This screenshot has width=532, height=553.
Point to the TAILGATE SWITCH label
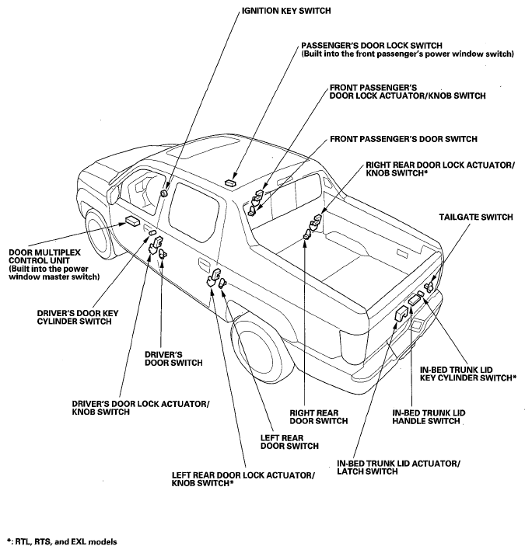pyautogui.click(x=471, y=218)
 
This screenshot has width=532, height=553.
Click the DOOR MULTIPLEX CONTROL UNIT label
pyautogui.click(x=56, y=264)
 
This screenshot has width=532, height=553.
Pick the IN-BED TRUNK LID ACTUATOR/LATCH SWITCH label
pyautogui.click(x=398, y=467)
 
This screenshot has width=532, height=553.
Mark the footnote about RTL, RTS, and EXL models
pyautogui.click(x=62, y=541)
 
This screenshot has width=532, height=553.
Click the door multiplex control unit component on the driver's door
pyautogui.click(x=128, y=222)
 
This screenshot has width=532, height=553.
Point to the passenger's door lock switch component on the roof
pyautogui.click(x=230, y=182)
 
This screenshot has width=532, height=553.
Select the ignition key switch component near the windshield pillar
pyautogui.click(x=164, y=193)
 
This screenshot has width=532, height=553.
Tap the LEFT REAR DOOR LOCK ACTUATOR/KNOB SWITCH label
pyautogui.click(x=243, y=479)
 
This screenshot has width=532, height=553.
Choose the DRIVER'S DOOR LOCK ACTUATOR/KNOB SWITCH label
pyautogui.click(x=140, y=409)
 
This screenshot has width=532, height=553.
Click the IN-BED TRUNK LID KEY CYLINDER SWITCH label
pyautogui.click(x=467, y=373)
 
